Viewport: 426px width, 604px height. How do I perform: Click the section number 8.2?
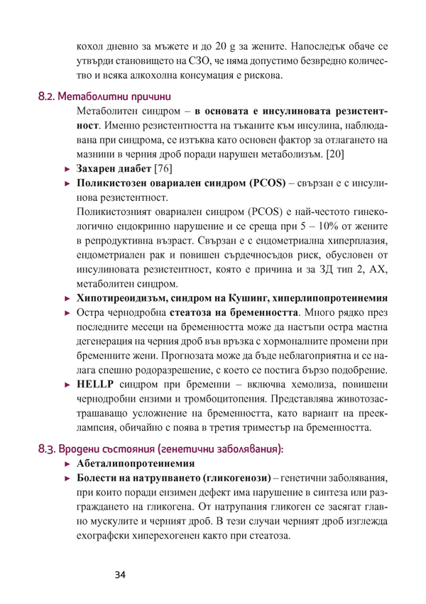tap(47, 94)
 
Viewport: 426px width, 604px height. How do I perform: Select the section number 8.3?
tap(46, 448)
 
